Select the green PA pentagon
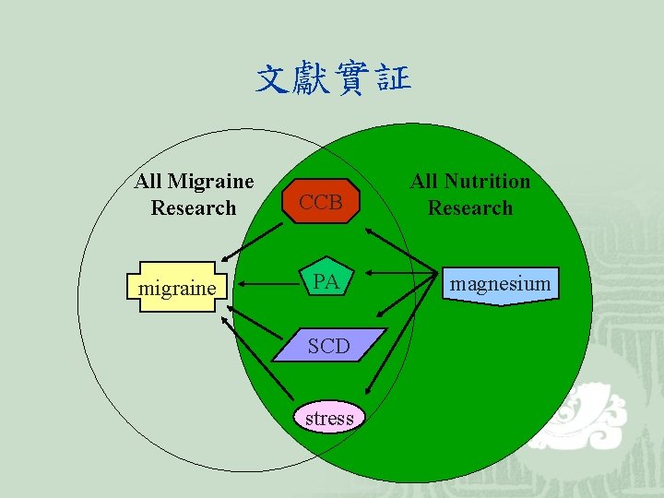click(x=326, y=280)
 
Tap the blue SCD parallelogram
click(x=328, y=346)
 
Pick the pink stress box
click(x=329, y=418)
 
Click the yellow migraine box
click(x=177, y=289)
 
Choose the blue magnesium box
click(x=500, y=284)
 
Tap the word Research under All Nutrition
click(x=470, y=207)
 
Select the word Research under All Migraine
click(x=194, y=207)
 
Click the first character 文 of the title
click(x=274, y=80)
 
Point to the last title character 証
click(x=394, y=80)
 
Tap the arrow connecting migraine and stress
click(x=258, y=359)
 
